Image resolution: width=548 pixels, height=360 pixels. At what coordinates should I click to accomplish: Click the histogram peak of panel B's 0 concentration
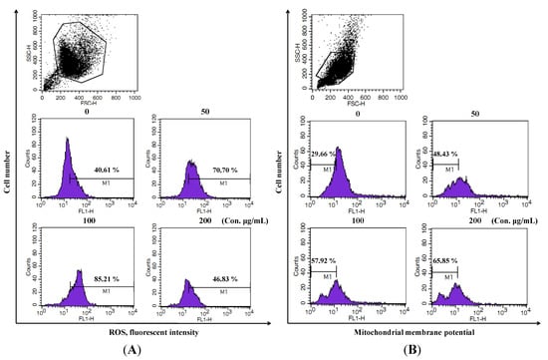[x=339, y=150]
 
